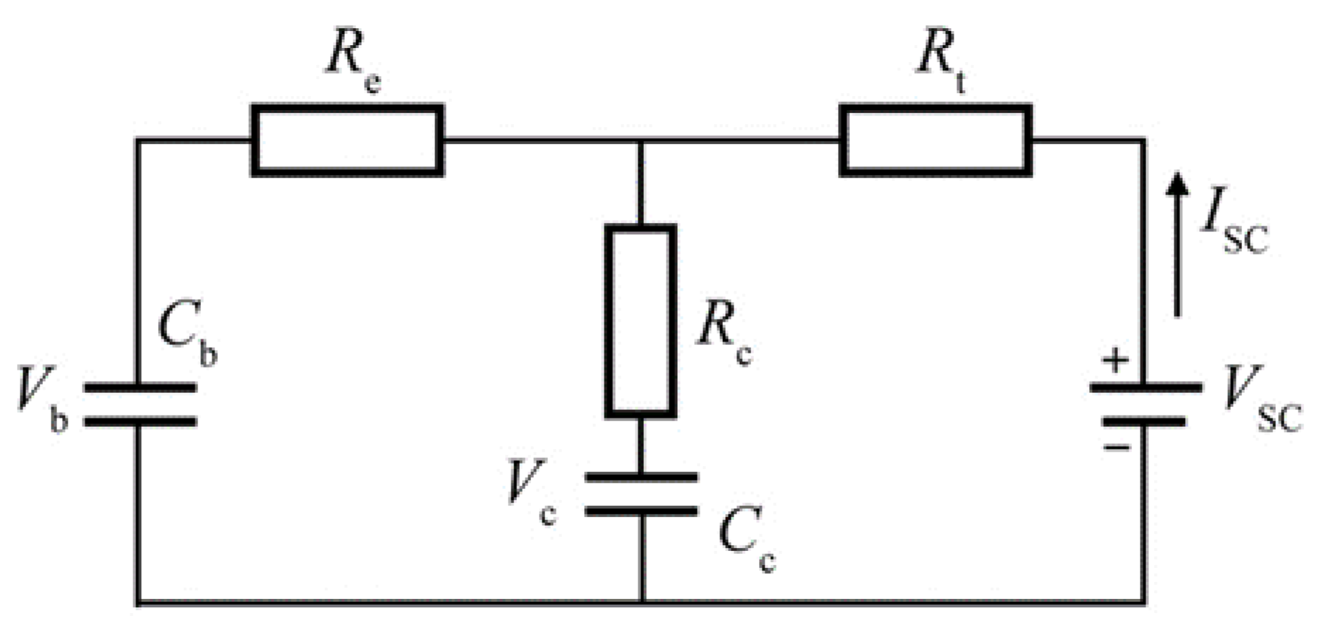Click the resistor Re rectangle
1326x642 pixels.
tap(347, 140)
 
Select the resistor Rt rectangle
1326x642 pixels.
tap(936, 140)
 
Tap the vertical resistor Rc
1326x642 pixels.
tap(640, 321)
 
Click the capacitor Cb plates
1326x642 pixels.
tap(140, 405)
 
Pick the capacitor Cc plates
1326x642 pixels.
tap(641, 495)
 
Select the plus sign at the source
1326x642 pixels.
tap(1115, 361)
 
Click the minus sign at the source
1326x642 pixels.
tap(1117, 447)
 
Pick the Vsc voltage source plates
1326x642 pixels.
tap(1145, 405)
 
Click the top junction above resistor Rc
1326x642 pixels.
tap(640, 140)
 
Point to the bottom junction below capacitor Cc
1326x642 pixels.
tap(642, 602)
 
